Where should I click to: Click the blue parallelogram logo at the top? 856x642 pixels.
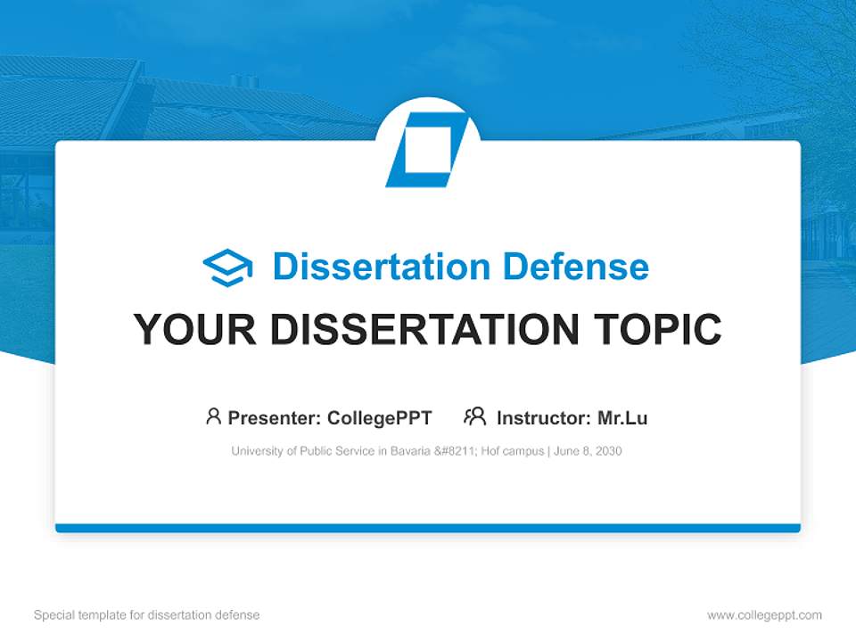(427, 150)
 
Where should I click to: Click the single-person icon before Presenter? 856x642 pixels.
(213, 416)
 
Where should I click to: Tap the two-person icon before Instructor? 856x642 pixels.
(475, 416)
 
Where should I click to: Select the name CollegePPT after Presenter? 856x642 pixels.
(380, 417)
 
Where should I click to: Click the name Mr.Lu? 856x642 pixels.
(622, 417)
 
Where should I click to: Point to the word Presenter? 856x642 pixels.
(275, 417)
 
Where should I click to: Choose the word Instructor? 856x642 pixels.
(543, 417)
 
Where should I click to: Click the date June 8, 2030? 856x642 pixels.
(588, 451)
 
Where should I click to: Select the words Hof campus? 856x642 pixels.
(513, 451)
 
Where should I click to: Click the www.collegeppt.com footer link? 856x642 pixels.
(764, 615)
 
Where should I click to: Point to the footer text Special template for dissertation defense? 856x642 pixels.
(147, 615)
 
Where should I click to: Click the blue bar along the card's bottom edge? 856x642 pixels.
(428, 528)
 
